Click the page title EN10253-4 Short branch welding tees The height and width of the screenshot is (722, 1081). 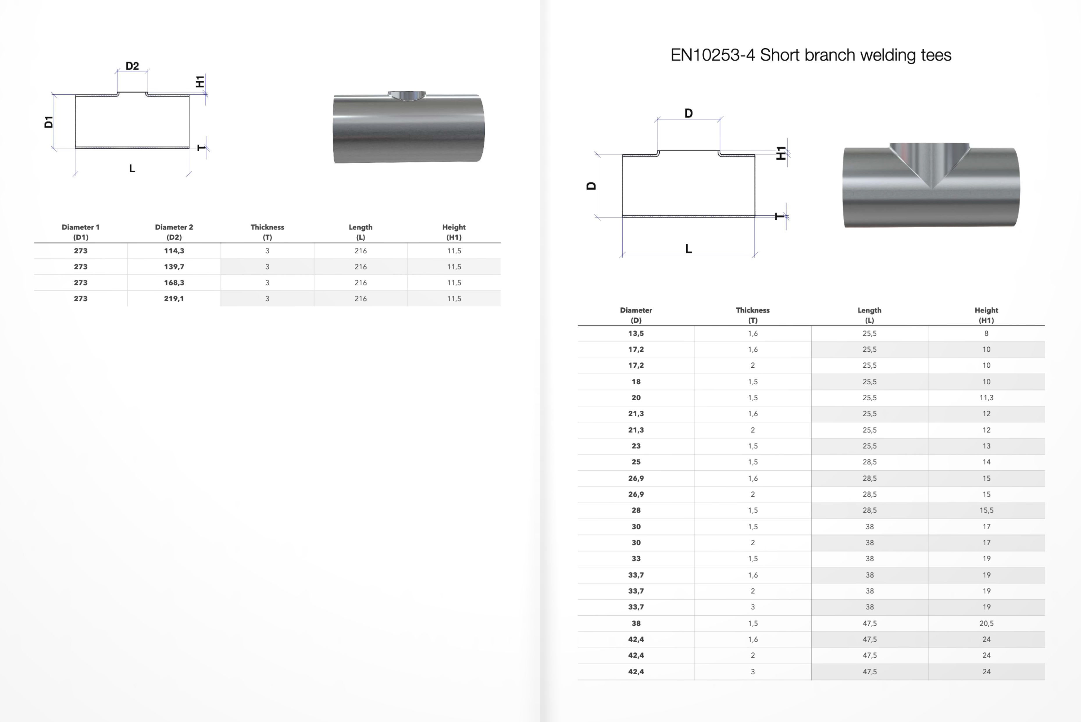point(810,55)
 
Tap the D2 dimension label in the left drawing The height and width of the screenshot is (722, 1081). point(132,66)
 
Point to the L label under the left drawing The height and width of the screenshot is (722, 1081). point(132,169)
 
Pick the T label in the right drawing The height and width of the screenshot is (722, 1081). point(779,216)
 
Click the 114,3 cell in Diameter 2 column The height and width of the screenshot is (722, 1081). point(174,251)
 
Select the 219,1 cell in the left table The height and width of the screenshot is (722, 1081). point(174,299)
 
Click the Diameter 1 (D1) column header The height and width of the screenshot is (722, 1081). point(81,232)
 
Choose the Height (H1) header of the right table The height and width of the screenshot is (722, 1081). point(986,315)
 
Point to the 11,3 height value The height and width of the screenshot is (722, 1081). point(986,397)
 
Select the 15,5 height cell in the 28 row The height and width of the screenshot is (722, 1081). point(986,510)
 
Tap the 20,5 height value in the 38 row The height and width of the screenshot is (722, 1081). point(986,623)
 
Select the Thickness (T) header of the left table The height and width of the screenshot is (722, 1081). point(267,232)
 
